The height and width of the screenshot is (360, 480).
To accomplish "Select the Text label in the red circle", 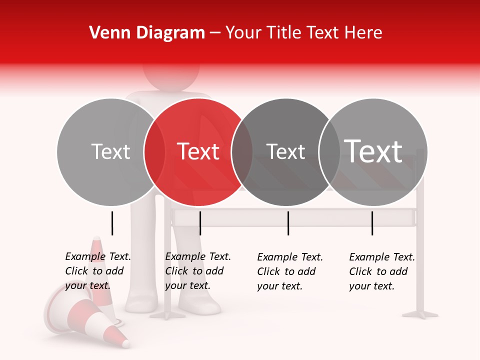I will tap(198, 151).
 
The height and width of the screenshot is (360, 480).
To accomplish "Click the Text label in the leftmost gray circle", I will tap(110, 151).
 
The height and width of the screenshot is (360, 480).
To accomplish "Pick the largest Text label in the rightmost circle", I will tap(373, 151).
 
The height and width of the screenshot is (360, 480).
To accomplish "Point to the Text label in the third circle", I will tap(285, 151).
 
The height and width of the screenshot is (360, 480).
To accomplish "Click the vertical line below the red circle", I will tap(200, 223).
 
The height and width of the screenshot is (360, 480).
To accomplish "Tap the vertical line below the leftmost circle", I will tap(112, 223).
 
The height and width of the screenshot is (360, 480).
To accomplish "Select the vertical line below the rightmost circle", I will tap(372, 223).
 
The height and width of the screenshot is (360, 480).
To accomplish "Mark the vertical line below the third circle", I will tap(288, 223).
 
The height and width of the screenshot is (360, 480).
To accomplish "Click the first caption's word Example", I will tap(85, 256).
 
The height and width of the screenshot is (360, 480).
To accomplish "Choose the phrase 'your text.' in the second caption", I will tap(187, 285).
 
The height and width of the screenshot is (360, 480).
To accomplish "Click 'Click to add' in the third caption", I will tap(286, 271).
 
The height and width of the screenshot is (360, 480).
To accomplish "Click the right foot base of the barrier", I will tap(420, 314).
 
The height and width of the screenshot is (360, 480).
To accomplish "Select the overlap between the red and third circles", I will tap(242, 152).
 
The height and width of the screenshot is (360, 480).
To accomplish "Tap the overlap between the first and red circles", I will tap(154, 152).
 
